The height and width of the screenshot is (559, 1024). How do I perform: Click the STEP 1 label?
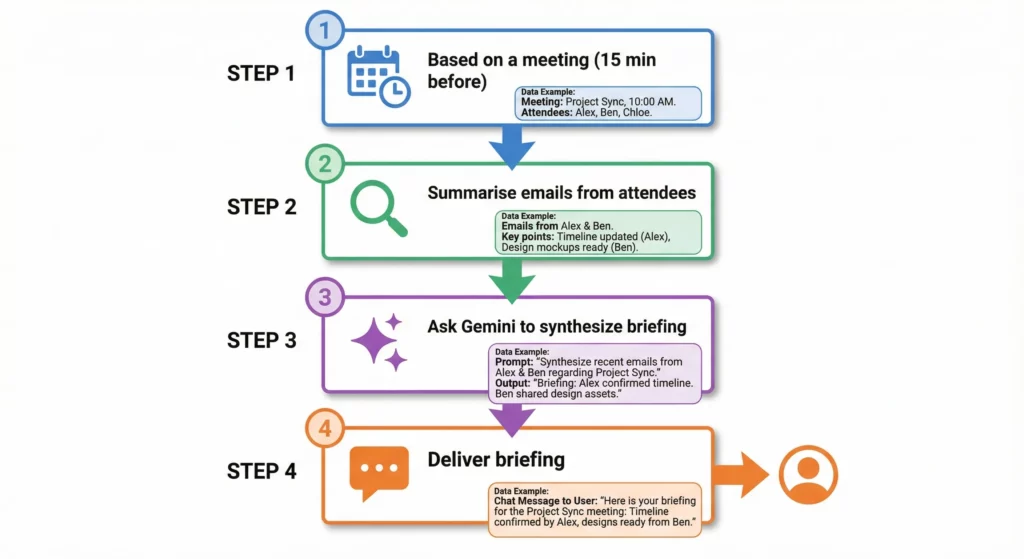[x=261, y=73]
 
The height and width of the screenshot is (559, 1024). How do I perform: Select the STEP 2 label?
[x=261, y=207]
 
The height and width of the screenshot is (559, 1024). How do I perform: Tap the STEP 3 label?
[x=261, y=340]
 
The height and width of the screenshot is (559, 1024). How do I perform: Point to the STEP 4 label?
[x=261, y=471]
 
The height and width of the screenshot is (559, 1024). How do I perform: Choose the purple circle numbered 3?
[x=324, y=298]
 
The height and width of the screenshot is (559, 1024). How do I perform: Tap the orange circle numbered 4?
[x=324, y=430]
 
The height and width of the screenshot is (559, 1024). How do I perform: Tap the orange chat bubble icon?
[x=379, y=473]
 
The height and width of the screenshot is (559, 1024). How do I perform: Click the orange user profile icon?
[x=807, y=473]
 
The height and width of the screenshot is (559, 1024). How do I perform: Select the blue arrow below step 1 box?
[x=511, y=146]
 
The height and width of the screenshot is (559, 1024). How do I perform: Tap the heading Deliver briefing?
[x=496, y=460]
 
